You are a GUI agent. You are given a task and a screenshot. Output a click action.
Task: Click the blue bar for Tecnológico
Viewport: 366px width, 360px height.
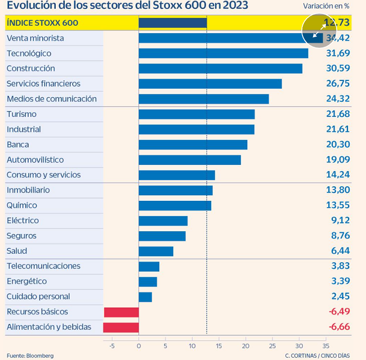tap(223, 53)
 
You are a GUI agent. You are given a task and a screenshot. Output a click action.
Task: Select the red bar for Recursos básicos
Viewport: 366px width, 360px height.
tap(121, 312)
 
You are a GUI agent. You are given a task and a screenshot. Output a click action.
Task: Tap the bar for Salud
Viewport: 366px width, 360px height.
tap(156, 251)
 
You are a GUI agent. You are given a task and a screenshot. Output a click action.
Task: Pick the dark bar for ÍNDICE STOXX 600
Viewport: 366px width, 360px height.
tap(172, 23)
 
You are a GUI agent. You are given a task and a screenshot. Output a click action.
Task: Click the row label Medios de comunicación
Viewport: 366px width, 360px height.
tap(52, 99)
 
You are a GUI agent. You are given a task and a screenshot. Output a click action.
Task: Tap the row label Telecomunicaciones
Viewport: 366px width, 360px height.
tap(43, 266)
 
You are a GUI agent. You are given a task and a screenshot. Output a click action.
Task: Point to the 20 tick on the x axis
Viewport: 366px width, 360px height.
tap(246, 346)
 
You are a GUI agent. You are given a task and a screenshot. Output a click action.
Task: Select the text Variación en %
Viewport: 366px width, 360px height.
tap(326, 6)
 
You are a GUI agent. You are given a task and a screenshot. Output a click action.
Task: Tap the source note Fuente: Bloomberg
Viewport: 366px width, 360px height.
tap(30, 355)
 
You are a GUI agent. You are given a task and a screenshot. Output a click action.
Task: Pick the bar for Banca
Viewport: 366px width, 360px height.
tap(193, 145)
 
